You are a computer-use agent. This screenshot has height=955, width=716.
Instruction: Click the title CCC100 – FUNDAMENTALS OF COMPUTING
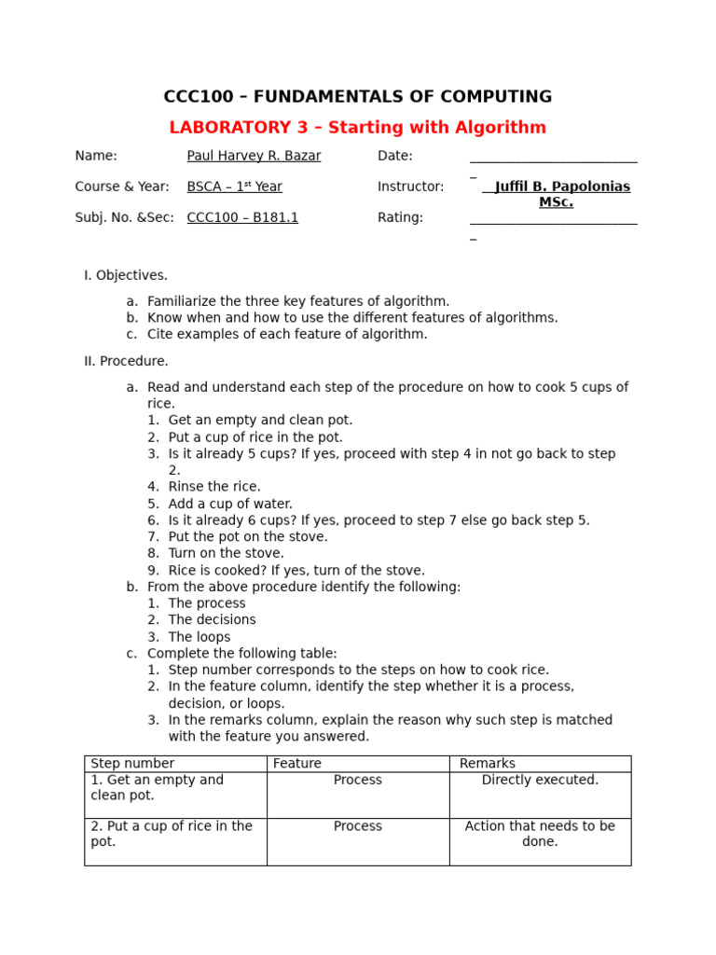pos(358,97)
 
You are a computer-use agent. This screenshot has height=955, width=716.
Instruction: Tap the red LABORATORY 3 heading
pos(358,128)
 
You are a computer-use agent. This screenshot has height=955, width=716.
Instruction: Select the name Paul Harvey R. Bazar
pos(254,156)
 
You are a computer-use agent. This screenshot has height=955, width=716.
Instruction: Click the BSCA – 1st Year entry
pos(234,187)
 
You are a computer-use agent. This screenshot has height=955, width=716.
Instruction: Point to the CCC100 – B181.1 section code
pos(242,217)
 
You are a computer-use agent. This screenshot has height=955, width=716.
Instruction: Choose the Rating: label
pos(400,217)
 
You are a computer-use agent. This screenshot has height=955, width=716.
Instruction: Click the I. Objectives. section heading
pos(126,275)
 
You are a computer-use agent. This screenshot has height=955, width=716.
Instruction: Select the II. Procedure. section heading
pos(126,361)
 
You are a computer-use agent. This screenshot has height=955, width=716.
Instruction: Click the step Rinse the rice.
pos(214,487)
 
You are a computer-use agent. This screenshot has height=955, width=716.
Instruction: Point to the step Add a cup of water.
pos(230,504)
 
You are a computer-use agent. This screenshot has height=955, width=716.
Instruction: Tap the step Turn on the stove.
pos(226,553)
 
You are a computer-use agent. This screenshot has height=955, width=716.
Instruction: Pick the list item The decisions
pos(212,619)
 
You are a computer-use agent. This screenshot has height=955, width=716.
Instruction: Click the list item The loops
pos(199,637)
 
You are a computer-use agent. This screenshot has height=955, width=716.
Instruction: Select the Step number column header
pos(132,763)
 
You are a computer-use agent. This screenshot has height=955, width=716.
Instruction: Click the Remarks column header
pos(487,763)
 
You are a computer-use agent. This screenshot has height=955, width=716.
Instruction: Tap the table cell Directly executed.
pos(540,780)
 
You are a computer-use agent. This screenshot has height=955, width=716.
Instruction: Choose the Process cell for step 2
pos(358,826)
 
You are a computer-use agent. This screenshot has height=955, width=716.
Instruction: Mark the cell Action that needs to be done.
pos(540,834)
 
